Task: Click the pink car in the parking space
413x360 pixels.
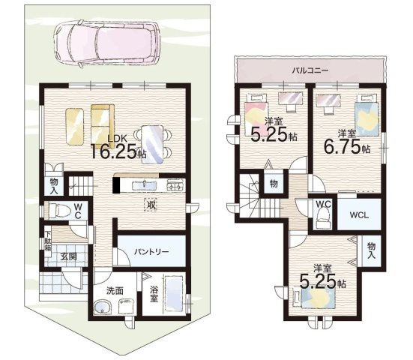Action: point(106,42)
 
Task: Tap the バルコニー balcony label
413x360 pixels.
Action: point(310,70)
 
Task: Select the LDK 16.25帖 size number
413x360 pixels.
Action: point(113,151)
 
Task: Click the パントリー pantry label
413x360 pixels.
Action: point(151,252)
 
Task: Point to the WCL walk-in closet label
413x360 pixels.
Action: point(359,214)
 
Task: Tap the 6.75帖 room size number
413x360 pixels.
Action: point(342,147)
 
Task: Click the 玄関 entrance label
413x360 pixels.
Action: point(68,256)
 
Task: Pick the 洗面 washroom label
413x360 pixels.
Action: point(115,291)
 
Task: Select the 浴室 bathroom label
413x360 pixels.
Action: point(154,294)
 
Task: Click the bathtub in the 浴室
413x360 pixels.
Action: point(174,293)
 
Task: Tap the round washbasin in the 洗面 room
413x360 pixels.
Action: point(103,307)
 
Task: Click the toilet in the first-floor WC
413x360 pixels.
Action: point(60,211)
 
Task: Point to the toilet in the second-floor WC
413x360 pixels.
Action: point(323,218)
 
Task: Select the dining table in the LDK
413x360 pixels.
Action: point(152,145)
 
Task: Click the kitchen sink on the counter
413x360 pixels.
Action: point(144,185)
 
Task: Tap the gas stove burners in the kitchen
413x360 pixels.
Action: point(175,185)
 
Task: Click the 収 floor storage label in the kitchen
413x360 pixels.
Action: point(151,205)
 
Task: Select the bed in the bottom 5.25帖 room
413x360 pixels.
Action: point(315,297)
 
